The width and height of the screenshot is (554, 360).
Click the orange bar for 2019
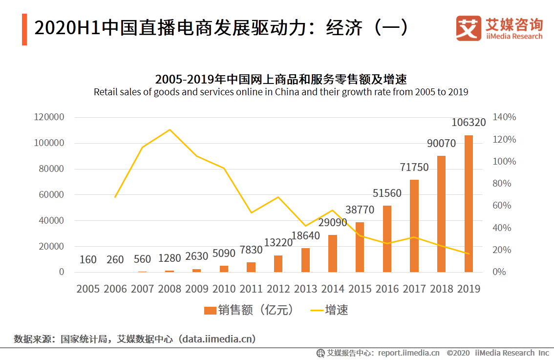[469, 203]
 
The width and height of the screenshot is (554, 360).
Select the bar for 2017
[414, 226]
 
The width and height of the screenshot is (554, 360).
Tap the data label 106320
[469, 122]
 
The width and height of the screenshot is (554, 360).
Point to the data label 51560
[387, 193]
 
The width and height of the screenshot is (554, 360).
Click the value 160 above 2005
[88, 259]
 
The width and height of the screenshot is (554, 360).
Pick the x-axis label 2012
[278, 289]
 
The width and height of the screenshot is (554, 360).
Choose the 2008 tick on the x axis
[170, 289]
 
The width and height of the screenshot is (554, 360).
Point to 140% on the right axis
[504, 117]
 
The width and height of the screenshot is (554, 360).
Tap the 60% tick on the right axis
[502, 206]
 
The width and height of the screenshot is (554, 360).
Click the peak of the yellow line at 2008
[170, 129]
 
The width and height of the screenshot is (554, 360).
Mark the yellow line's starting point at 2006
[115, 197]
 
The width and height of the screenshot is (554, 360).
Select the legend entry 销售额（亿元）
[249, 310]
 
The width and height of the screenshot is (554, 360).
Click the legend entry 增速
[329, 310]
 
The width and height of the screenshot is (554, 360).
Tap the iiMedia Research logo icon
[469, 28]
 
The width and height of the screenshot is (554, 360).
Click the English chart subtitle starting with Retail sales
[281, 92]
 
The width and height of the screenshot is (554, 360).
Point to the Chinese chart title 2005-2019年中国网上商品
[281, 79]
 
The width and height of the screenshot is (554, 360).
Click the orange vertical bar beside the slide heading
[24, 29]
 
